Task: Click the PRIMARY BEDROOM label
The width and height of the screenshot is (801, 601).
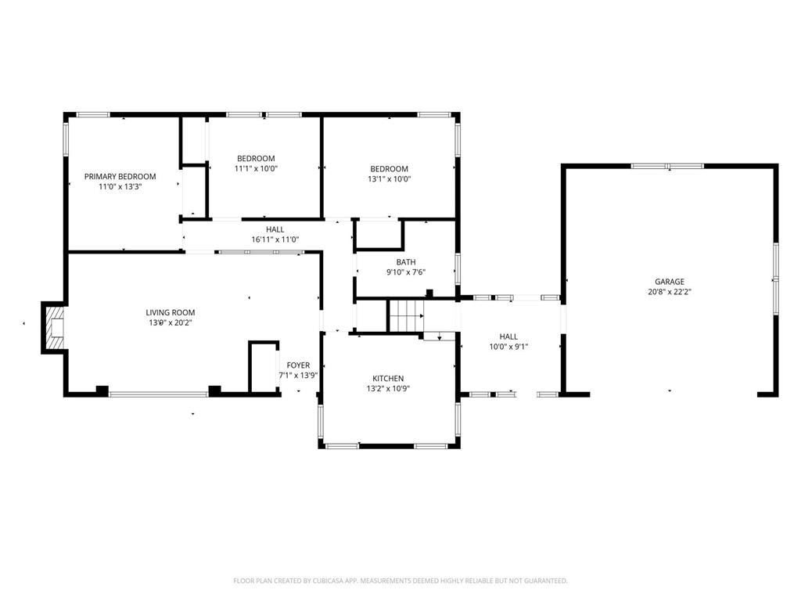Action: coord(120,176)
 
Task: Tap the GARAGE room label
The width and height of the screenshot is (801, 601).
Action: coord(670,282)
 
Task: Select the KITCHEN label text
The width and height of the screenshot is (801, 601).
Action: coord(388,378)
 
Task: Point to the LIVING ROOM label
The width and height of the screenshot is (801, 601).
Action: coord(170,312)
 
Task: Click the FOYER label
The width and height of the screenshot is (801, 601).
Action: coord(298,365)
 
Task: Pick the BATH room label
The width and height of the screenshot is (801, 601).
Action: coord(406,262)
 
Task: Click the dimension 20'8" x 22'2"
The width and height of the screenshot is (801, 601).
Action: coord(670,292)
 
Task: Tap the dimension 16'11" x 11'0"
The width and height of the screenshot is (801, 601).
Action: coord(275,239)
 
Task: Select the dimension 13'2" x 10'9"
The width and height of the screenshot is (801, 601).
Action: coord(388,388)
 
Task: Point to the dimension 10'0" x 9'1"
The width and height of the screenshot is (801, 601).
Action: coord(508,347)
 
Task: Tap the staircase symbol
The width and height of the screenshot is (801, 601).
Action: coord(407,315)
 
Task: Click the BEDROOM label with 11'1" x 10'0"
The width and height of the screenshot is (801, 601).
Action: coord(256,158)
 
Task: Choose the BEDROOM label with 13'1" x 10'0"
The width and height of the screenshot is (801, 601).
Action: coord(390,169)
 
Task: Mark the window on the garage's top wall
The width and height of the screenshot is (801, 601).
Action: coord(667,166)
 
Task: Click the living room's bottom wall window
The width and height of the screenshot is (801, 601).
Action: coord(159,394)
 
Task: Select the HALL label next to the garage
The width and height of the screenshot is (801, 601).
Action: coord(508,336)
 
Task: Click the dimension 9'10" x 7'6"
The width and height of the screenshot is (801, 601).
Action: coord(406,272)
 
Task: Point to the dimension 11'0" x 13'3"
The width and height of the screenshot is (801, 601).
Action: coord(120,186)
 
